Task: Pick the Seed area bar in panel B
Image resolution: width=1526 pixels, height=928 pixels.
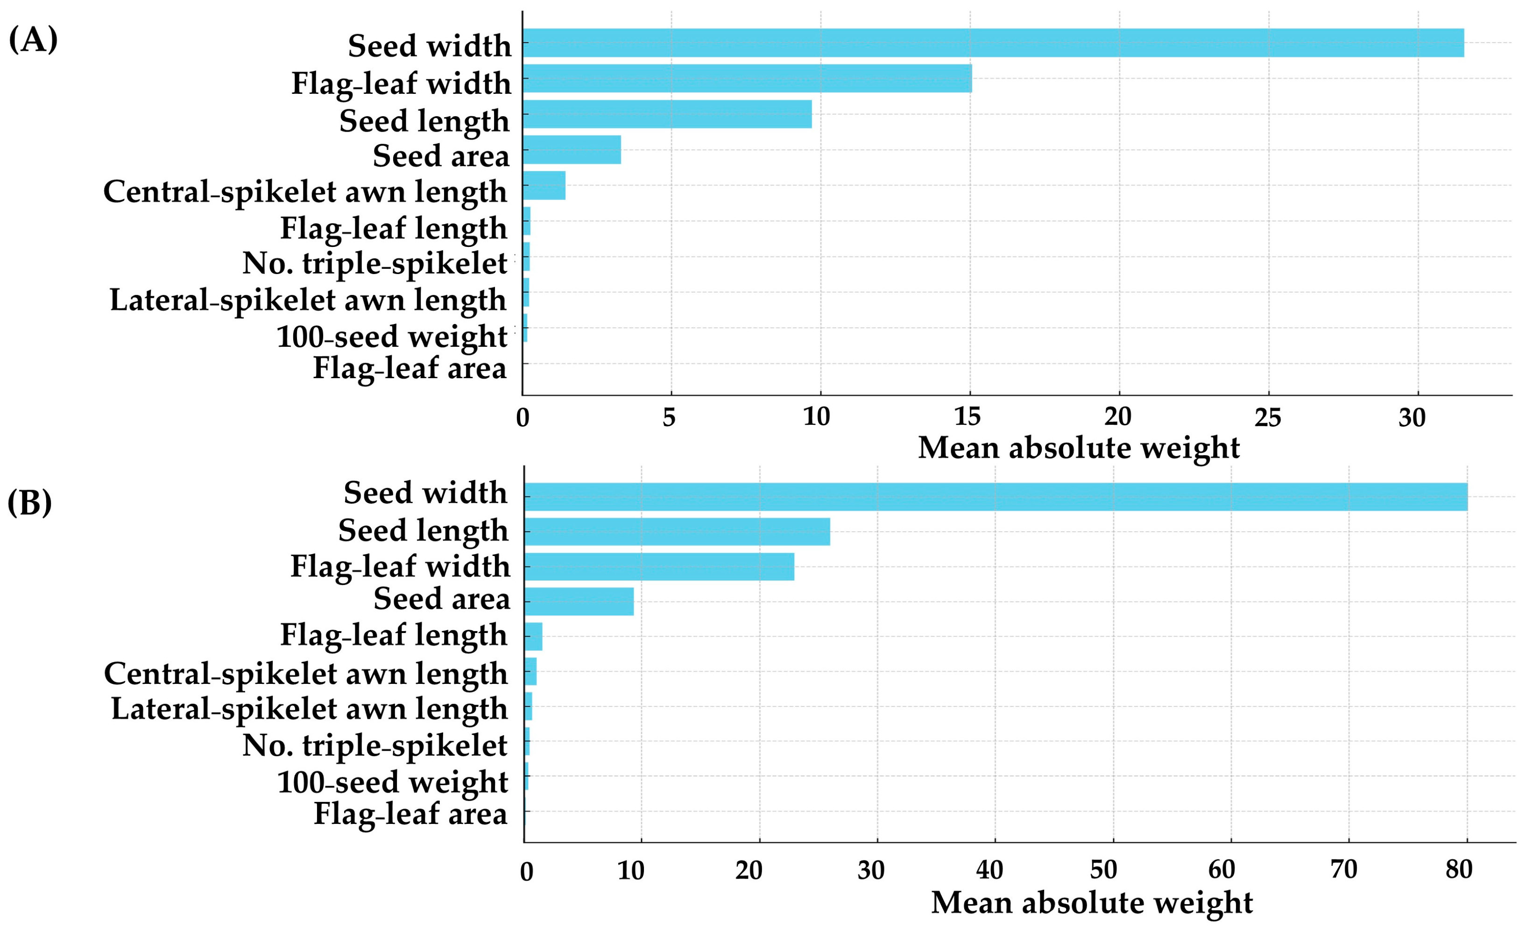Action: [x=579, y=601]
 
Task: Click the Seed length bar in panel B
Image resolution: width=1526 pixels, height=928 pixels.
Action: [x=677, y=531]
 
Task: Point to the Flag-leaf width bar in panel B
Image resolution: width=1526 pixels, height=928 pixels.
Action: [x=659, y=566]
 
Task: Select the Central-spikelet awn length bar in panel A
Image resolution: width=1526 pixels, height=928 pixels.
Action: [x=544, y=185]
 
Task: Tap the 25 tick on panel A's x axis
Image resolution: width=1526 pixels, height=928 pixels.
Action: [x=1268, y=418]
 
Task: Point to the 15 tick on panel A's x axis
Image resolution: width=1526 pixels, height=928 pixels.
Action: [x=968, y=418]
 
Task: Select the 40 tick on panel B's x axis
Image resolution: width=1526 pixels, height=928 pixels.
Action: [x=989, y=870]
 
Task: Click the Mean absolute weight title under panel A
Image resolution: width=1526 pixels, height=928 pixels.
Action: [x=1078, y=448]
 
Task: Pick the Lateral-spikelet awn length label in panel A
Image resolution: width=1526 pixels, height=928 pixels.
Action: [x=308, y=300]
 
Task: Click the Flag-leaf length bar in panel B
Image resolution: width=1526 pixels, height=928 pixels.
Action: [x=533, y=636]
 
